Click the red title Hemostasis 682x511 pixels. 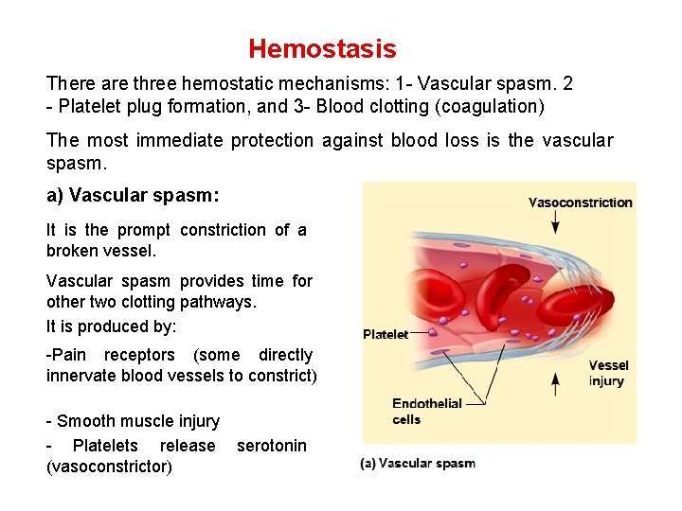pyautogui.click(x=322, y=49)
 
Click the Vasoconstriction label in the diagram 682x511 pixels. pyautogui.click(x=580, y=203)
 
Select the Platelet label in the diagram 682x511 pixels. pyautogui.click(x=386, y=334)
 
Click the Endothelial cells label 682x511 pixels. pyautogui.click(x=426, y=411)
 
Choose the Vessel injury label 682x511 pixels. pyautogui.click(x=608, y=373)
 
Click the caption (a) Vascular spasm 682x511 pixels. pyautogui.click(x=418, y=463)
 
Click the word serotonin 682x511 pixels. pyautogui.click(x=272, y=445)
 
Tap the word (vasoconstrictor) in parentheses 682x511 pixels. pyautogui.click(x=109, y=467)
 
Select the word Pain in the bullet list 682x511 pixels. pyautogui.click(x=67, y=354)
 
